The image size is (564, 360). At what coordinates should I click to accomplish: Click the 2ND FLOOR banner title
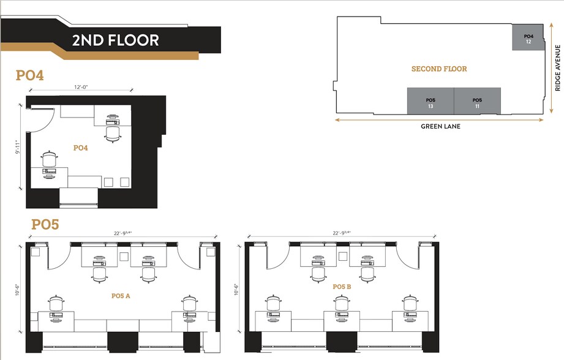(x=115, y=40)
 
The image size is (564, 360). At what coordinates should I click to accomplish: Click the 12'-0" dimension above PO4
(x=79, y=87)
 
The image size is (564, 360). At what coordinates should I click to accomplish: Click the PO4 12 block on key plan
(x=528, y=39)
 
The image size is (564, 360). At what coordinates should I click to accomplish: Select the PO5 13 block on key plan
(x=431, y=102)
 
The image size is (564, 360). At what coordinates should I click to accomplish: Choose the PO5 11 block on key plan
(x=477, y=102)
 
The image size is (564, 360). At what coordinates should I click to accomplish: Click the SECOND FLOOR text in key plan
(x=439, y=69)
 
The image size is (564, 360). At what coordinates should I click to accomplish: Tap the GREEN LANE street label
(x=440, y=127)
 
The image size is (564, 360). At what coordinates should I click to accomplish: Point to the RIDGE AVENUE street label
(x=557, y=67)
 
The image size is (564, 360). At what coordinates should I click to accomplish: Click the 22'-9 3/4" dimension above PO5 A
(x=122, y=233)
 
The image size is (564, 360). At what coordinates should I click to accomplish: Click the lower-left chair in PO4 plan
(x=50, y=160)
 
